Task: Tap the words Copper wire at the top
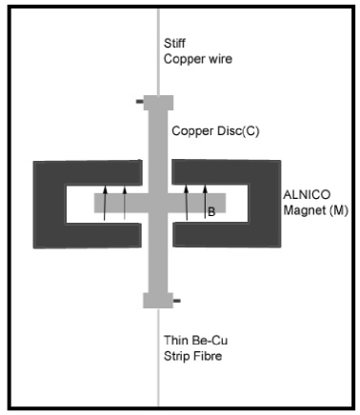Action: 201,58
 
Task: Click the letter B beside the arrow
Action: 210,214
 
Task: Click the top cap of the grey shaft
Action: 158,102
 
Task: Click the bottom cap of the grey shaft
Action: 158,301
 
